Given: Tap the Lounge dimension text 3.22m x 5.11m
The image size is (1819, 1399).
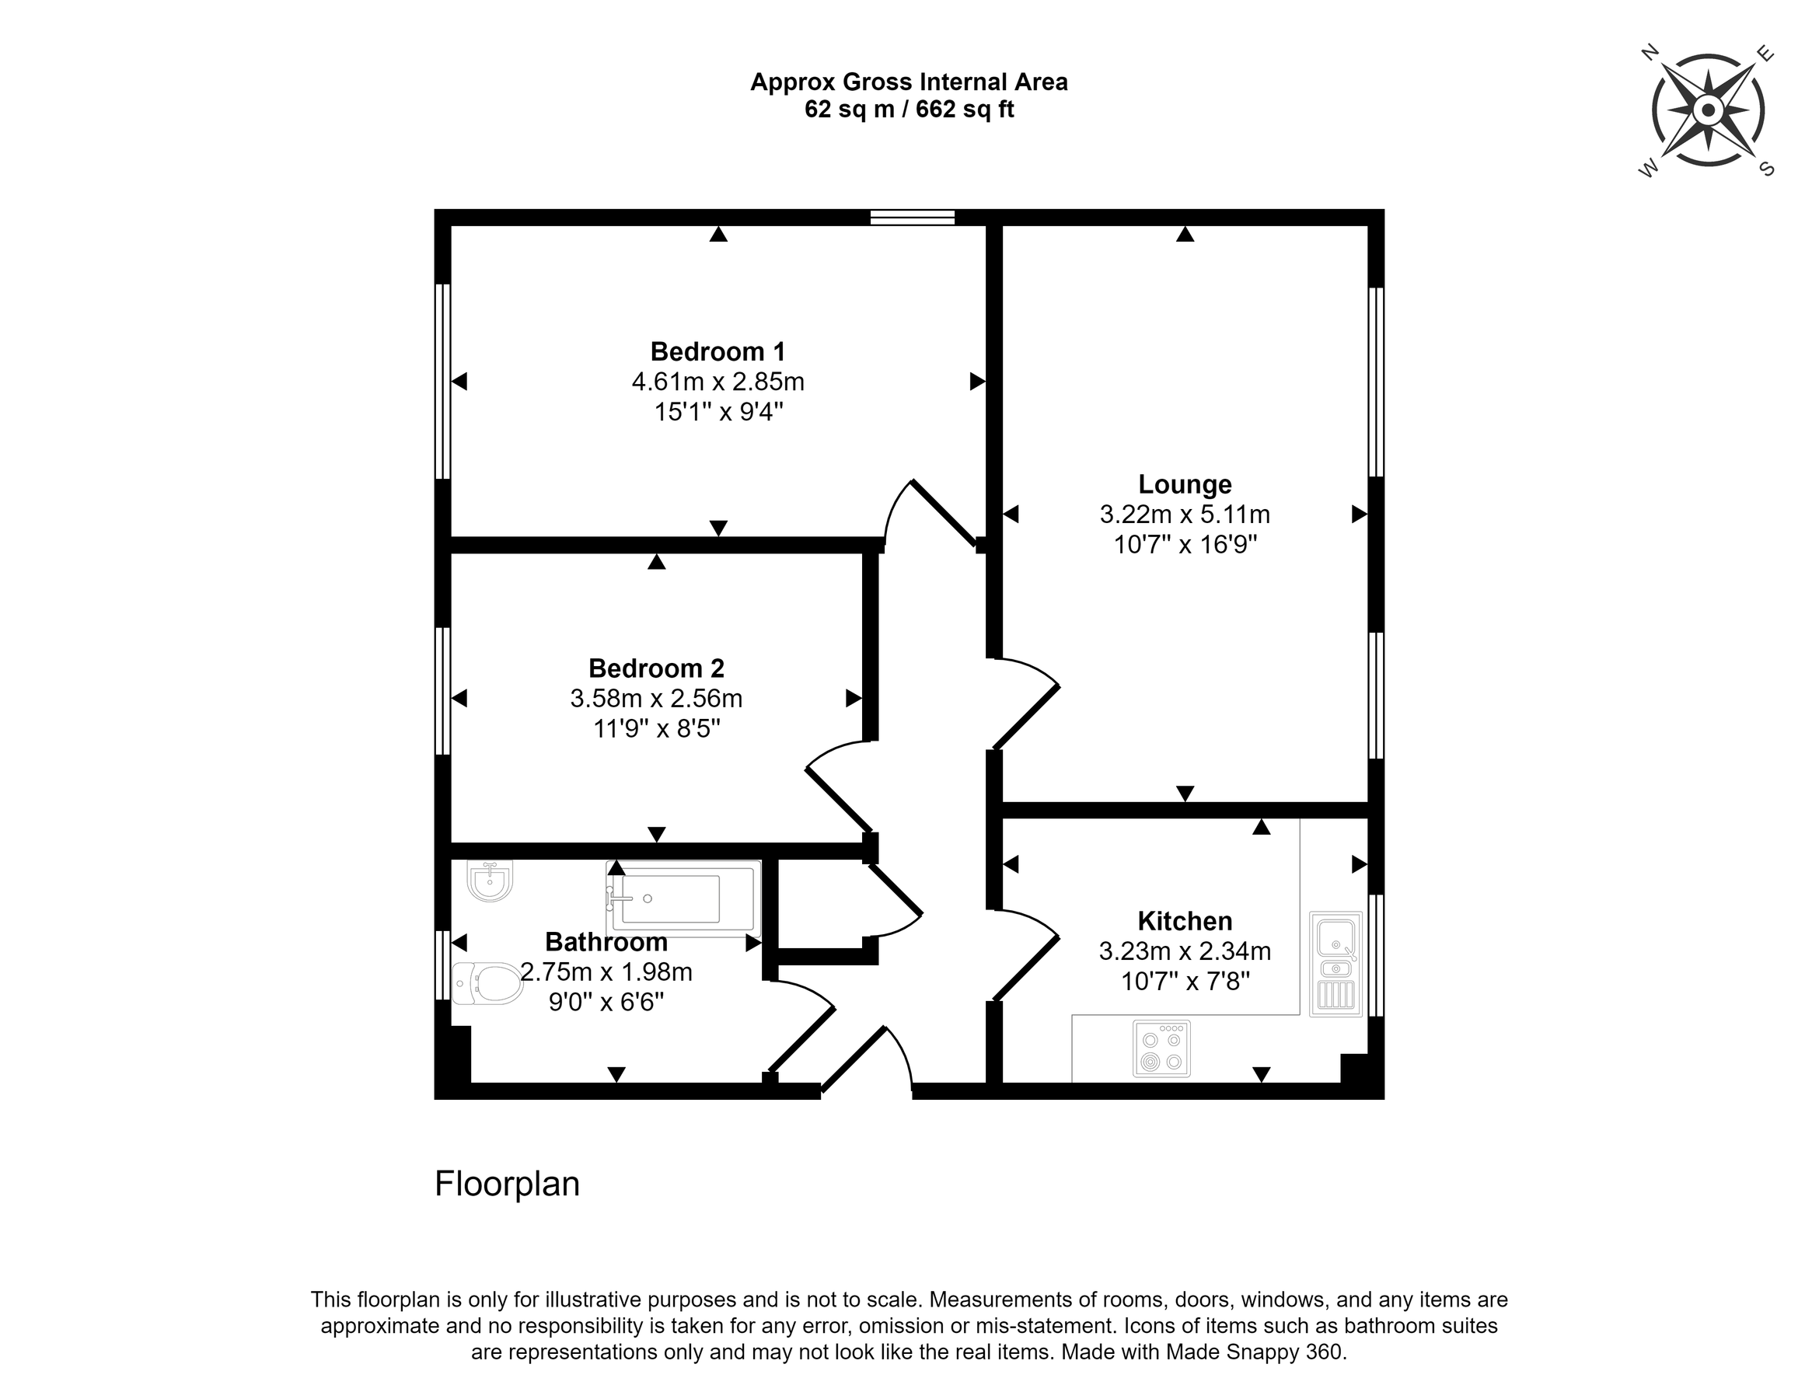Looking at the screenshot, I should pos(1185,515).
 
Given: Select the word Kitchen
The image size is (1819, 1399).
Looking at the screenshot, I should pos(1185,921).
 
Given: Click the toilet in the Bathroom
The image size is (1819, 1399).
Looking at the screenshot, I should pos(487,983).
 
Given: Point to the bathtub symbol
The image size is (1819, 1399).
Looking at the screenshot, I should pos(684,898).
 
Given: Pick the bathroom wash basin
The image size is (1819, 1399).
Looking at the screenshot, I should pos(490,881).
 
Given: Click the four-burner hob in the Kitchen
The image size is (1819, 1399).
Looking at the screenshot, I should pos(1162,1048).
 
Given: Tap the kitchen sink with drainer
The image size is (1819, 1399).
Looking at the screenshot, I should pos(1336,964).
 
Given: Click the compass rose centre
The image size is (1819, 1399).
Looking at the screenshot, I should pos(1709,110).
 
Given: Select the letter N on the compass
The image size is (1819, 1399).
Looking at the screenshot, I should pos(1648,54).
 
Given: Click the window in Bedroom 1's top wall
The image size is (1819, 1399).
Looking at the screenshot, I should pos(912,218).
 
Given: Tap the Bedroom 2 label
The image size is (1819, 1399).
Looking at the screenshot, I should pos(656,668).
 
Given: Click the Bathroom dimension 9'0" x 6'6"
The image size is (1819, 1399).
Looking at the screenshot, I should pos(606,1002).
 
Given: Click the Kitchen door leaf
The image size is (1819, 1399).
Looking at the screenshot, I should pos(1026,968).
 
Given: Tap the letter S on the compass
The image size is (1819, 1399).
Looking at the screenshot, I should pos(1766,169).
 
